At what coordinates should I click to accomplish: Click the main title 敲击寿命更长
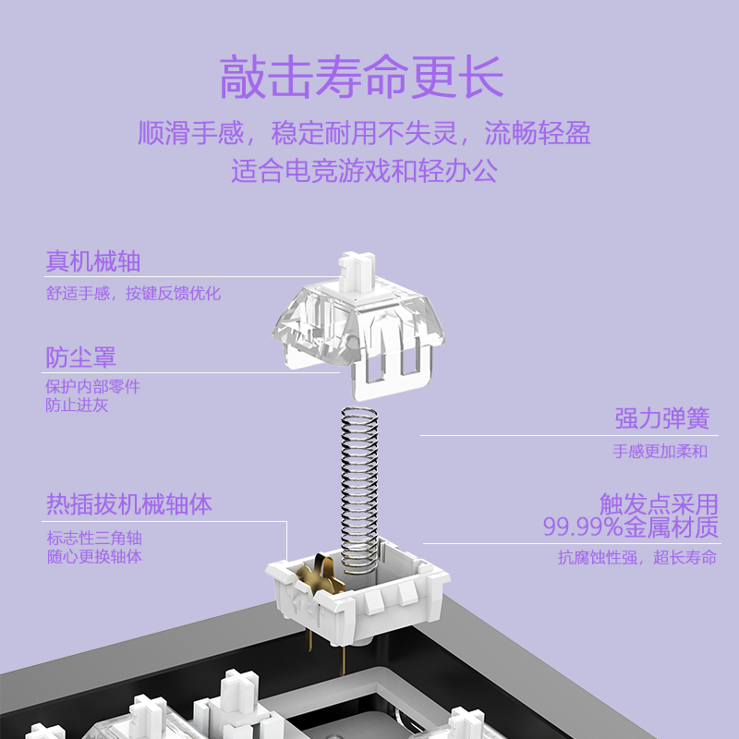tap(362, 77)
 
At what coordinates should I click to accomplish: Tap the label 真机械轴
tap(93, 261)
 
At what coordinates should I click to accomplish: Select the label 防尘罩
tap(81, 357)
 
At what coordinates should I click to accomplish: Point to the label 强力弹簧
tap(662, 418)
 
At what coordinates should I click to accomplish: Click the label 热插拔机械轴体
tap(129, 504)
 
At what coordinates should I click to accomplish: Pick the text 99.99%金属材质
tap(630, 527)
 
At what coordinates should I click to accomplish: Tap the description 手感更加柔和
tap(660, 452)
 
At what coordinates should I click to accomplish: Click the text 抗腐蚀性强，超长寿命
tap(637, 558)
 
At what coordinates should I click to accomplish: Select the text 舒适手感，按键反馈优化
tap(134, 294)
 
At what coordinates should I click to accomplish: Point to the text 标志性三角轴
tap(94, 538)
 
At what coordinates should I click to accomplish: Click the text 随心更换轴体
tap(94, 556)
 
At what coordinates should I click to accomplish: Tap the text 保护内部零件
tap(93, 387)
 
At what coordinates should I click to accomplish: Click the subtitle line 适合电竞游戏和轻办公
tap(364, 170)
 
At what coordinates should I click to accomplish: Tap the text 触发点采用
tap(659, 504)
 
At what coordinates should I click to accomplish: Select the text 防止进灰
tap(77, 405)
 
